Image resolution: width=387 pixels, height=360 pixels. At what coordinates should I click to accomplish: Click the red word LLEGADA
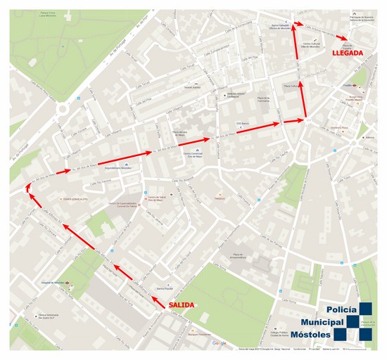click(347, 53)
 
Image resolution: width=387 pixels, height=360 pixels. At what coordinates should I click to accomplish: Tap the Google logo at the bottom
click(219, 343)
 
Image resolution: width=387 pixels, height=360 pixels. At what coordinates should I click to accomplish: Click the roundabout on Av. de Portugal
click(61, 110)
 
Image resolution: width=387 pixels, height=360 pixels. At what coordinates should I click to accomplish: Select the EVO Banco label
click(243, 122)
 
